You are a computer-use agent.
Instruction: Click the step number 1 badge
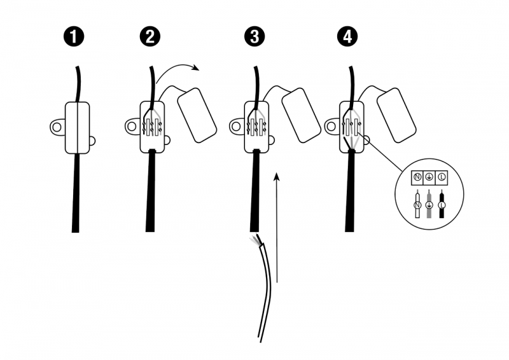74,36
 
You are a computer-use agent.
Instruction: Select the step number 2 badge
150,36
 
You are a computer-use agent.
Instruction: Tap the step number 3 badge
254,36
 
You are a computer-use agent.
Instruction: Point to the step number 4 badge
347,36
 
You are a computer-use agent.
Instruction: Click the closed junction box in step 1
77,128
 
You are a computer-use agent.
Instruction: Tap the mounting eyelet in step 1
57,127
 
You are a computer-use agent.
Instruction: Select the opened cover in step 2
197,115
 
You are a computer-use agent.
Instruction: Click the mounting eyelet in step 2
132,126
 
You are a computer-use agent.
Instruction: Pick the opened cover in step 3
302,115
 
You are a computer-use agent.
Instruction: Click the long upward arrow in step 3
277,228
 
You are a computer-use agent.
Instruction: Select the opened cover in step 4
396,115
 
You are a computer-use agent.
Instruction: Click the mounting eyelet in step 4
332,126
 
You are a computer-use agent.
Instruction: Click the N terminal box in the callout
417,177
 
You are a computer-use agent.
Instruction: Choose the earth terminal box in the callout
429,177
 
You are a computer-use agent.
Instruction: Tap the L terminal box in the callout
442,177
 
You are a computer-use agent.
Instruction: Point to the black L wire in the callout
442,205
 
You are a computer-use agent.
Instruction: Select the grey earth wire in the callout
429,205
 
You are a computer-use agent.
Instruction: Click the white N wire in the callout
417,205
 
